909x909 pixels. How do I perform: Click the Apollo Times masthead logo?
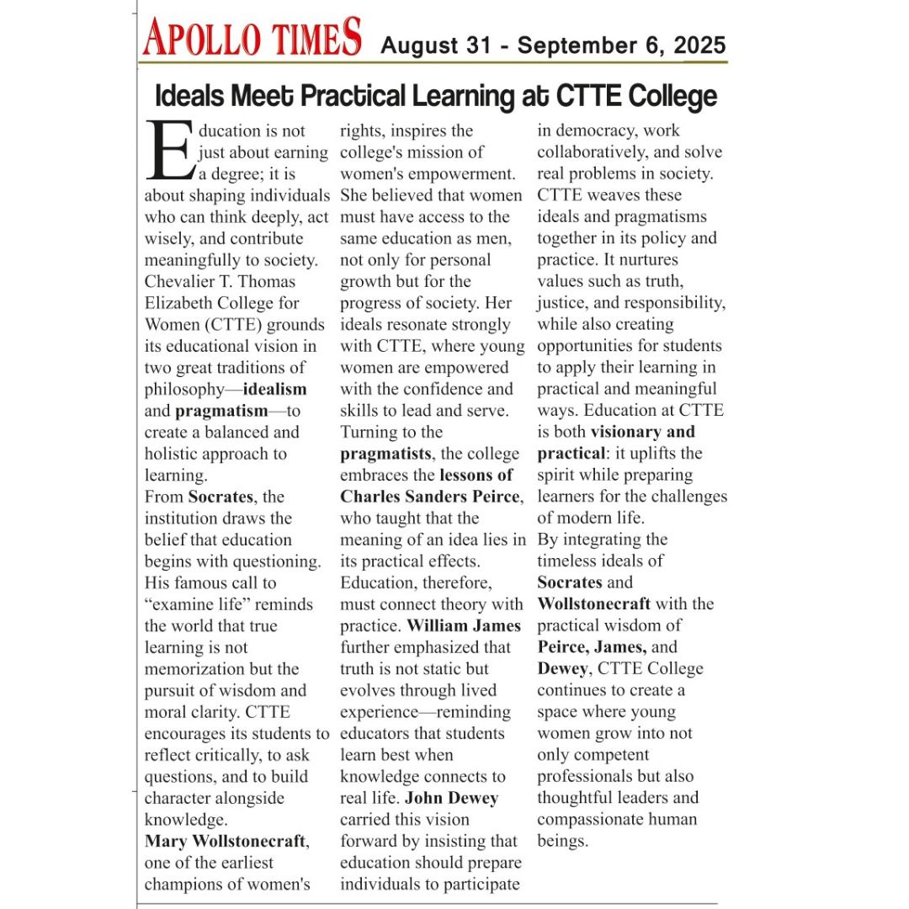pyautogui.click(x=252, y=38)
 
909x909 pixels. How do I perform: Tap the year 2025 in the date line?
pyautogui.click(x=699, y=45)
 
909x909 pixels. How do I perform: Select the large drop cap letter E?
pyautogui.click(x=169, y=151)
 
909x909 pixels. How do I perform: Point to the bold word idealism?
pyautogui.click(x=275, y=389)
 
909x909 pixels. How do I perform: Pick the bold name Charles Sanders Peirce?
pyautogui.click(x=430, y=497)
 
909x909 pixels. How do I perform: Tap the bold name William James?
pyautogui.click(x=464, y=625)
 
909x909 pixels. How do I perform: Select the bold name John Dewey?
pyautogui.click(x=452, y=798)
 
